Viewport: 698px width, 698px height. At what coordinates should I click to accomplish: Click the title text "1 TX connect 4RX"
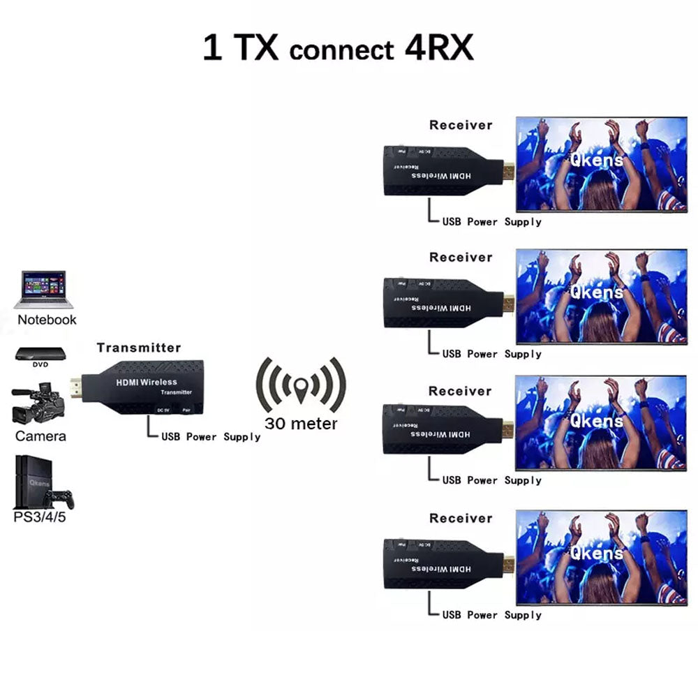coord(338,49)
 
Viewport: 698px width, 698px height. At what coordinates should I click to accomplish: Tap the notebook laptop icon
coord(43,289)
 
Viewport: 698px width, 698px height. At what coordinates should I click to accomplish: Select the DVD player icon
coord(40,355)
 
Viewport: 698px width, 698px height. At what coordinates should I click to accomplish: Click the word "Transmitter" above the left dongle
coord(138,348)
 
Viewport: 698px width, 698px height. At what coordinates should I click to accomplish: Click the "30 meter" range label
coord(301,424)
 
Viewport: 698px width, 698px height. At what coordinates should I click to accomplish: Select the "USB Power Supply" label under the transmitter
coord(211,437)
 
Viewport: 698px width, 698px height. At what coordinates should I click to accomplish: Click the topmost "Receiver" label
coord(461,126)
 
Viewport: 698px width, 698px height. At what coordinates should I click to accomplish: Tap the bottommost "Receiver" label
coord(461,519)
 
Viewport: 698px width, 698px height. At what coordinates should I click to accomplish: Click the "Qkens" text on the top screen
coord(596,161)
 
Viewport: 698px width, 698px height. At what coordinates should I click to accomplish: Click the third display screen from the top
coord(600,422)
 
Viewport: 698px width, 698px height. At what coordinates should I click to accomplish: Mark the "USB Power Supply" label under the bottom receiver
coord(491,615)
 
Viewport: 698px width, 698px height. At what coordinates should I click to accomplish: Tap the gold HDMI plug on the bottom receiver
coord(508,563)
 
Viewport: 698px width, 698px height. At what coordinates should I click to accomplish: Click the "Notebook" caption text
coord(47,320)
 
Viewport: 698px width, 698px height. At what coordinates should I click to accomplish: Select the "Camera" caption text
coord(41,436)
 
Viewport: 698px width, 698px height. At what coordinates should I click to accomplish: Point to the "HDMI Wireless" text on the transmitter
coord(147,382)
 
